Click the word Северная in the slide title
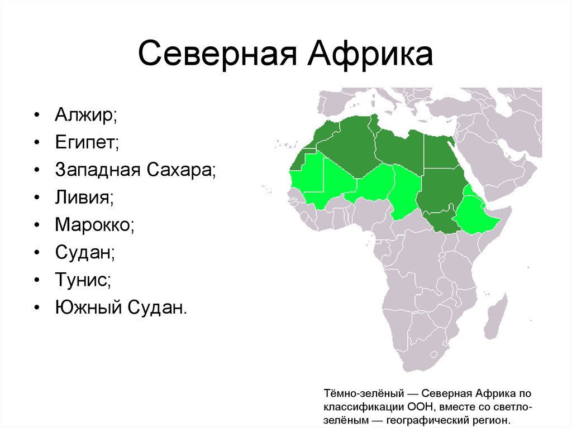(x=214, y=56)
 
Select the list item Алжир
(x=85, y=116)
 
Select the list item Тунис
(x=83, y=279)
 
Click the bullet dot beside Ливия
(x=36, y=198)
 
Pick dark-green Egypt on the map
(x=441, y=151)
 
